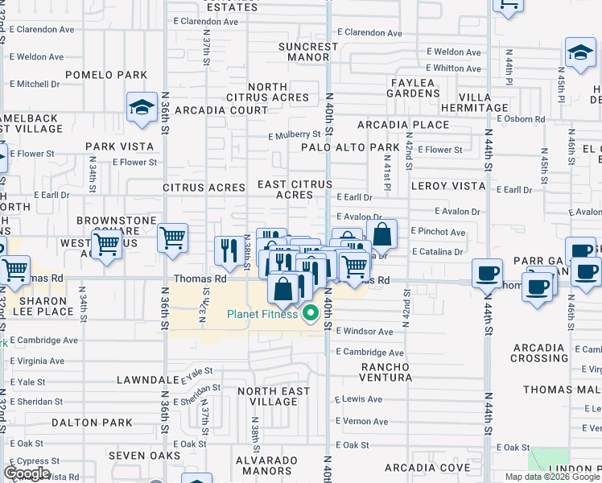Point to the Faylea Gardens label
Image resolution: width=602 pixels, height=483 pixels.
[x=414, y=88]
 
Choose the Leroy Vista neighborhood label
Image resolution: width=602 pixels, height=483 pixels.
[x=448, y=186]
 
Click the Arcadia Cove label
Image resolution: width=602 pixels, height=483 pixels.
[x=427, y=468]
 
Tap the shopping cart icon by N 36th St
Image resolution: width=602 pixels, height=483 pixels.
[x=172, y=239]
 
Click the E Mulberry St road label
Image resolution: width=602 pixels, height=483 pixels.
[x=295, y=134]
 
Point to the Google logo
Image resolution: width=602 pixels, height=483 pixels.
[x=27, y=473]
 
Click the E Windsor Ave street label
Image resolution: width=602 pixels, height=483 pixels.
[x=365, y=331]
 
